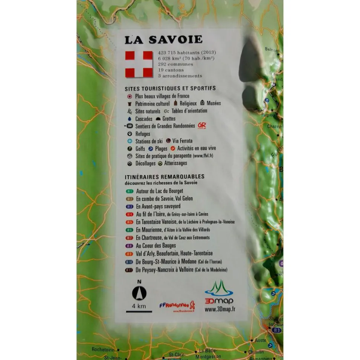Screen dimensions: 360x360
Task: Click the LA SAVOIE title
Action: [x=163, y=40]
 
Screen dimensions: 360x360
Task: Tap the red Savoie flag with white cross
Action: [x=139, y=64]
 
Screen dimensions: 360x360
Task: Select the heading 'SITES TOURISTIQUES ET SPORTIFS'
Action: [x=170, y=88]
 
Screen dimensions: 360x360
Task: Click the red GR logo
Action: [x=202, y=126]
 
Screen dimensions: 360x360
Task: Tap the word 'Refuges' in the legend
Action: [x=143, y=134]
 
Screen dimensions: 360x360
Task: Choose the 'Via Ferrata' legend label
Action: [x=182, y=141]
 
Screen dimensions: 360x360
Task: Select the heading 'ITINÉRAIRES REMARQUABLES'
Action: [x=164, y=176]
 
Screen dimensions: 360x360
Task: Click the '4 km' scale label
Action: [x=139, y=306]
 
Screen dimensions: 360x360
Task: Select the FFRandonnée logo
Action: [x=177, y=305]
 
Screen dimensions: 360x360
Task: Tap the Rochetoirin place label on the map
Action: [x=103, y=349]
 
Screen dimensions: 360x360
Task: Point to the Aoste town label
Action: [x=260, y=340]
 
